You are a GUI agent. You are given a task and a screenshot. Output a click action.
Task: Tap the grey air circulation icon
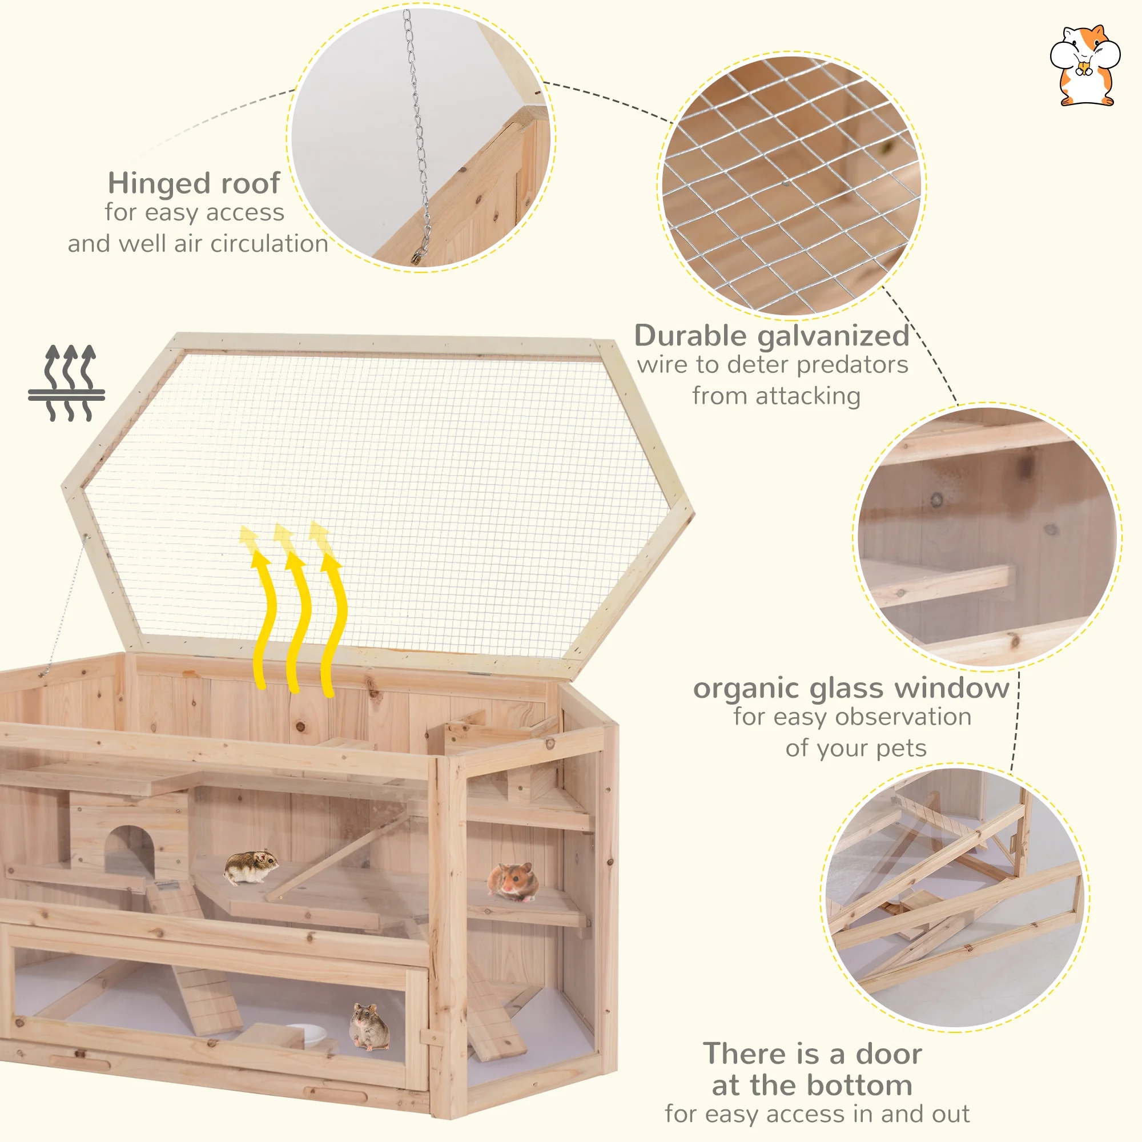tap(67, 383)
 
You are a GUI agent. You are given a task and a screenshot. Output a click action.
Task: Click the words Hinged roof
tap(194, 183)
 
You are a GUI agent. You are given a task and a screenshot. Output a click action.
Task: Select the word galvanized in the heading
tap(834, 336)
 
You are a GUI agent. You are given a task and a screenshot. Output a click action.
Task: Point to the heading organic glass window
tap(851, 688)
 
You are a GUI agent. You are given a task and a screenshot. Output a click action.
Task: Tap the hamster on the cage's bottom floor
tap(369, 1026)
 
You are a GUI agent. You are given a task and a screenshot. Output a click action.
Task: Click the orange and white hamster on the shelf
tap(513, 881)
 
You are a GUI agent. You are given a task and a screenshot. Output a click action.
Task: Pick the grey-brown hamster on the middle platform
tap(251, 867)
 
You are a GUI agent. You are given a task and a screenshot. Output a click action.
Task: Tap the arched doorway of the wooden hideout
tap(130, 851)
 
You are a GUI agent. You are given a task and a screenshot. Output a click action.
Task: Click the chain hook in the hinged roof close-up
tap(419, 255)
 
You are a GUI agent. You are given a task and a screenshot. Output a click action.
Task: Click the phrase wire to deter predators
tap(772, 365)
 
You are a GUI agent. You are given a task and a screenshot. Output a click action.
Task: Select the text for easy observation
tap(852, 717)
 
